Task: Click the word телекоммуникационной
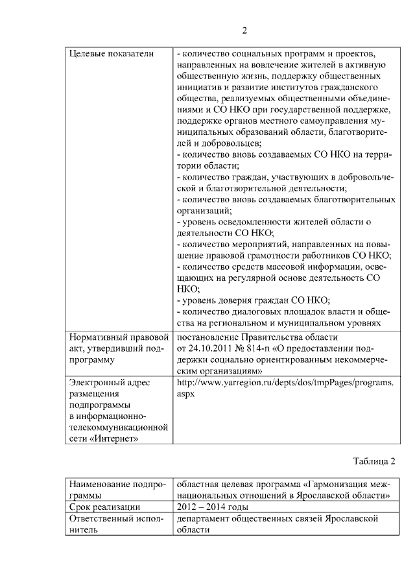pos(119,427)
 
